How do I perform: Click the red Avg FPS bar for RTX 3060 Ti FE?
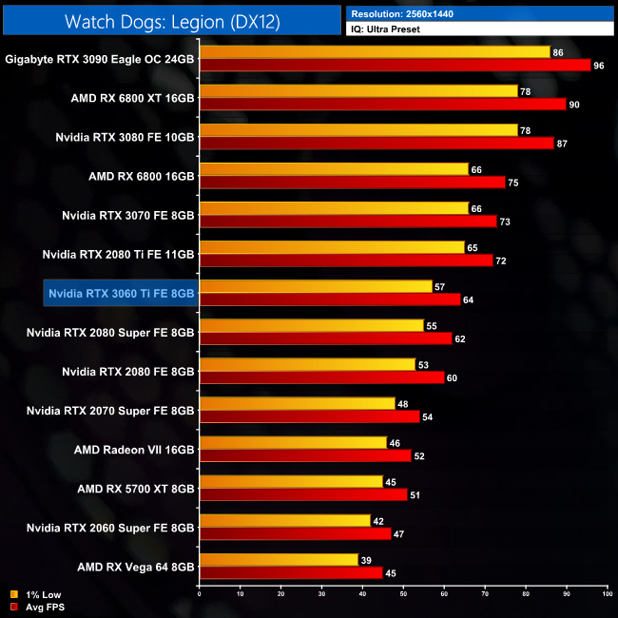pyautogui.click(x=328, y=300)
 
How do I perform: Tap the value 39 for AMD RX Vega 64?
pyautogui.click(x=366, y=559)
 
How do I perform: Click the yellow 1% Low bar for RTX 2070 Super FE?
pyautogui.click(x=296, y=403)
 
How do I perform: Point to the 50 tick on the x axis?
pyautogui.click(x=403, y=595)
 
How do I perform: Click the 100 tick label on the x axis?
pyautogui.click(x=607, y=595)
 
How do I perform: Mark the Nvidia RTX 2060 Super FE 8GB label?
pyautogui.click(x=111, y=526)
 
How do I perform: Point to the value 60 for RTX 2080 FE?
pyautogui.click(x=452, y=377)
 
